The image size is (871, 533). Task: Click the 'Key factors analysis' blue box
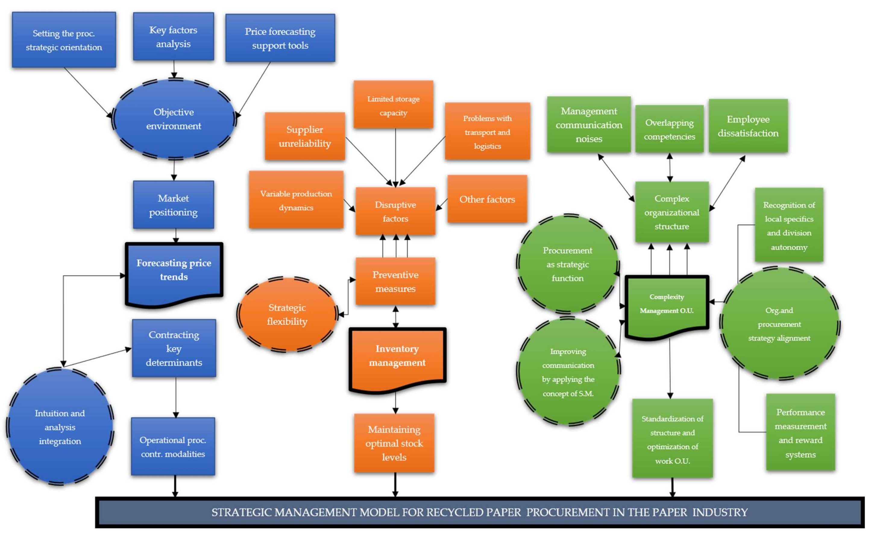[x=173, y=37]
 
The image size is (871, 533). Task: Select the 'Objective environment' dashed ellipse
[x=174, y=119]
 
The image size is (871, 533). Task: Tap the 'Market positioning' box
[x=173, y=205]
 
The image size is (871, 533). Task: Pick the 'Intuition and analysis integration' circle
[x=60, y=427]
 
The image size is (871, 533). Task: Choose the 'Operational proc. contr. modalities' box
[x=173, y=446]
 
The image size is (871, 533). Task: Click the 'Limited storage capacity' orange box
[x=393, y=105]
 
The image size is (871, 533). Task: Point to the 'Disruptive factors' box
[x=395, y=211]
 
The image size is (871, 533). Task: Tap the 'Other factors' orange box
[x=487, y=199]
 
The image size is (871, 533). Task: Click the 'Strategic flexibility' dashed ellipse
[x=287, y=314]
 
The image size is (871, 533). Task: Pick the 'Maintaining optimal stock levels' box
[x=394, y=443]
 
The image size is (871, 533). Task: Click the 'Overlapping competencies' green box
[x=669, y=129]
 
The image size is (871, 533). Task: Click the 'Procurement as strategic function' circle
[x=567, y=264]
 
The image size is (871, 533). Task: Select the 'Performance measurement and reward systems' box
[x=800, y=433]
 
